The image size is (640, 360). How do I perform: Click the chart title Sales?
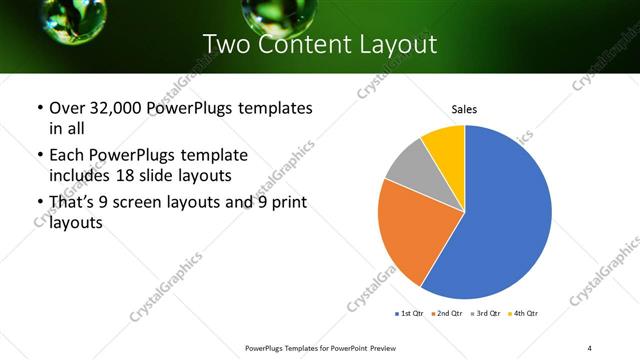464,107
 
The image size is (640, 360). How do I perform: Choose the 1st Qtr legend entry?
409,314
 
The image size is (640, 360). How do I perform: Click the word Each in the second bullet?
66,155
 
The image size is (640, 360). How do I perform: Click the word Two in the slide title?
226,45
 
